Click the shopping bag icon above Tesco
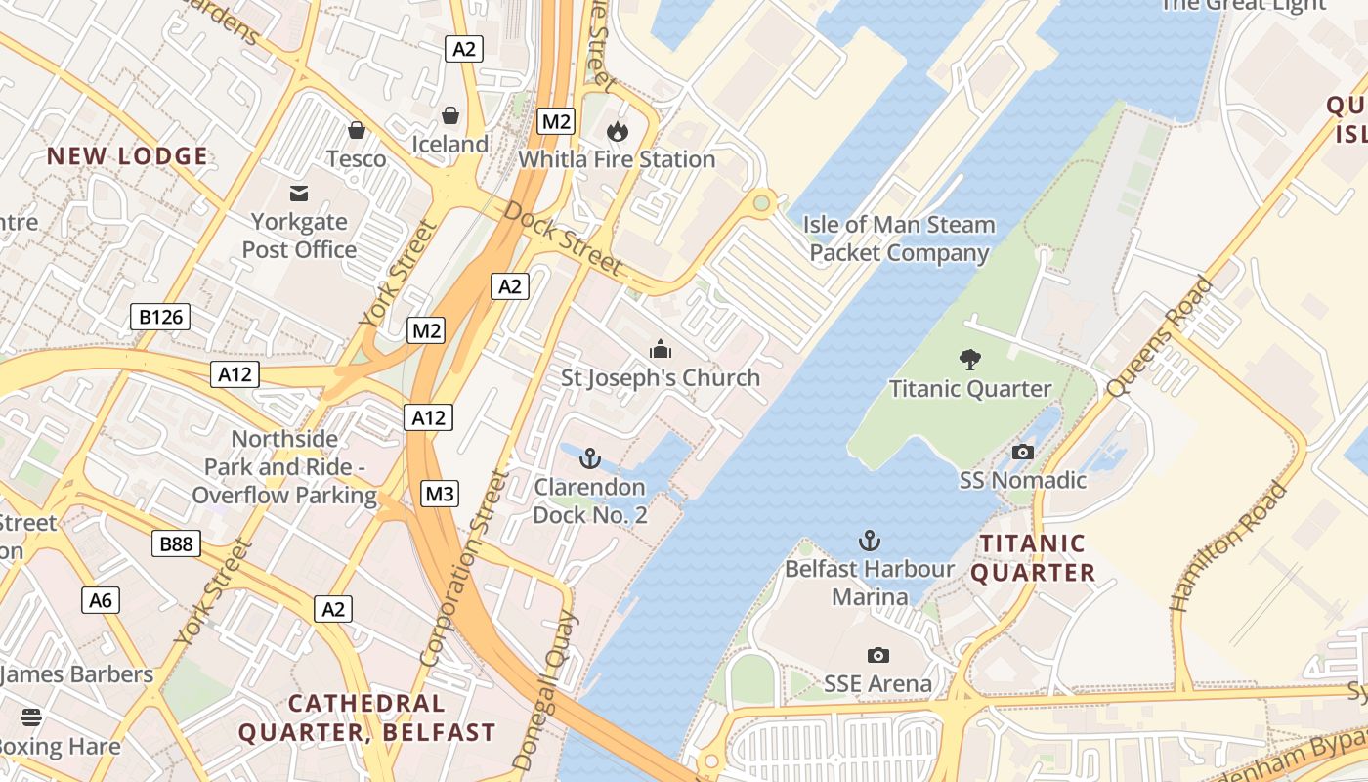click(357, 130)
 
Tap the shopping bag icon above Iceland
click(450, 116)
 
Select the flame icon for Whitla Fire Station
click(617, 131)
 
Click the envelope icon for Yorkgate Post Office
click(299, 194)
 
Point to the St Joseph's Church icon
click(661, 349)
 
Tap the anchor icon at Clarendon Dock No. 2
click(589, 457)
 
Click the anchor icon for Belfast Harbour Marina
click(870, 540)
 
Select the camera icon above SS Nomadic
click(1023, 452)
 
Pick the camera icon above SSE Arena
click(877, 655)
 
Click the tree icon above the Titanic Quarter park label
click(970, 360)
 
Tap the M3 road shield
click(440, 495)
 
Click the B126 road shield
click(160, 317)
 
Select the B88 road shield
click(176, 543)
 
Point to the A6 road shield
click(102, 600)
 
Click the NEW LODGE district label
click(128, 156)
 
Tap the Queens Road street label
click(1160, 337)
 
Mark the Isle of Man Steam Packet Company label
click(899, 239)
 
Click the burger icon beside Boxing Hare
click(31, 718)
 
